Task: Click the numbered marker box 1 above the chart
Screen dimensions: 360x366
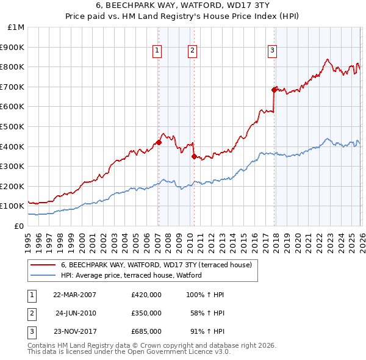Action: [x=157, y=51]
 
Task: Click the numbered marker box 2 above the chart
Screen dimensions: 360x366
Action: [x=192, y=51]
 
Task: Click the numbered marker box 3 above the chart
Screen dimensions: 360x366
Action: [x=272, y=51]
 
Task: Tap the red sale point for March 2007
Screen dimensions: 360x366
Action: [x=159, y=142]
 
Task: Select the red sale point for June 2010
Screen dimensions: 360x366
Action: [x=193, y=156]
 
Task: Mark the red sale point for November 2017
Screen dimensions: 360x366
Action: [x=274, y=89]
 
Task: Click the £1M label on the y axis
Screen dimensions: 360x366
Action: [x=16, y=27]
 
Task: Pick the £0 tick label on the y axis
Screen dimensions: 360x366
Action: [x=20, y=226]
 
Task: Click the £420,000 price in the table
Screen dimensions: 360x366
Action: [x=146, y=295]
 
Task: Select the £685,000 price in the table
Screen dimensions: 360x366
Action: [x=146, y=331]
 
